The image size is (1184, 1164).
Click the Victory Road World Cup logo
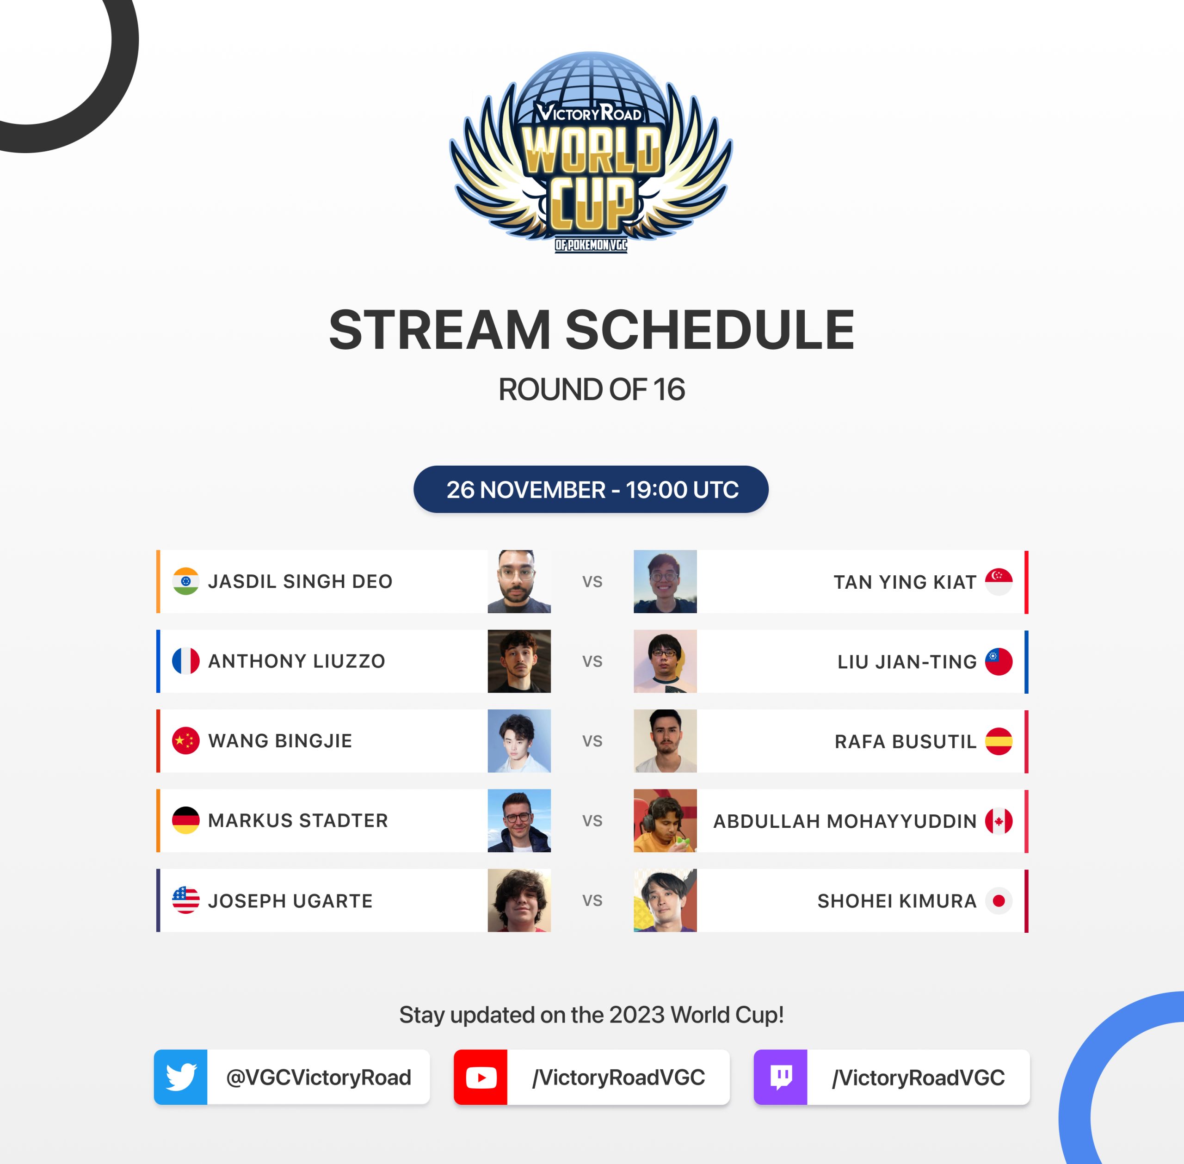click(591, 152)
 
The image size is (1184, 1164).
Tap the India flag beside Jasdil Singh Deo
click(186, 581)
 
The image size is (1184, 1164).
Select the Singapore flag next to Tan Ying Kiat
click(999, 582)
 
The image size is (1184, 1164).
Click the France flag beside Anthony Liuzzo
click(186, 661)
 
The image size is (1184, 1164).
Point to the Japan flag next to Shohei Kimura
click(999, 900)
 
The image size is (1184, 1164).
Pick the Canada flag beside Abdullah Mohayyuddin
click(999, 821)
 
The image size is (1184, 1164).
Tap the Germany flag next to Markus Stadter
click(186, 820)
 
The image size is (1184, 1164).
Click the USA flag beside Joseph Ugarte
click(186, 900)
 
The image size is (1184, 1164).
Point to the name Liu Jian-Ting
click(907, 661)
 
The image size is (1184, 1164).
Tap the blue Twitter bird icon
click(181, 1077)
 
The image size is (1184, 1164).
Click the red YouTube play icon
click(481, 1077)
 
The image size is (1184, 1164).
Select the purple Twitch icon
click(781, 1077)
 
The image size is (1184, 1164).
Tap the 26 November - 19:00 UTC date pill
click(591, 489)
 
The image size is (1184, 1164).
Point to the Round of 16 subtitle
click(592, 389)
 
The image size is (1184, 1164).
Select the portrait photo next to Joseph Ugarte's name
click(519, 900)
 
